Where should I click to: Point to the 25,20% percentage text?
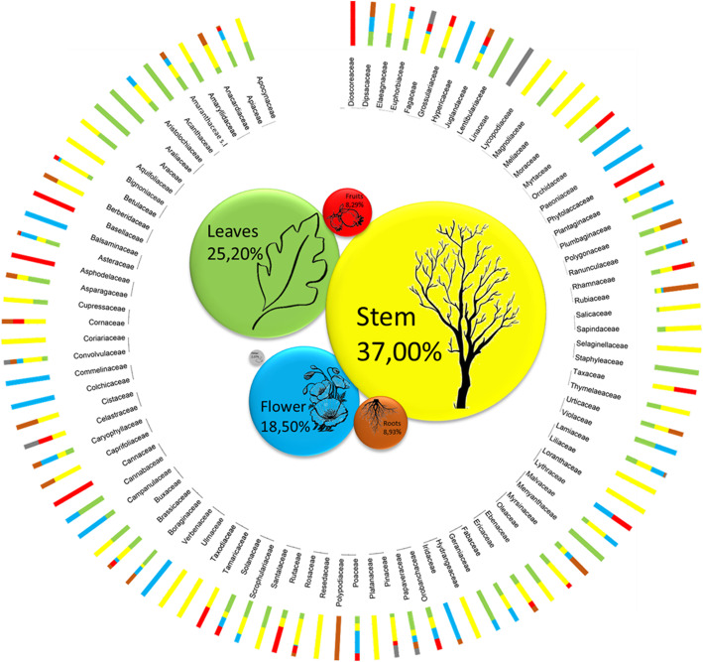(x=236, y=253)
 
